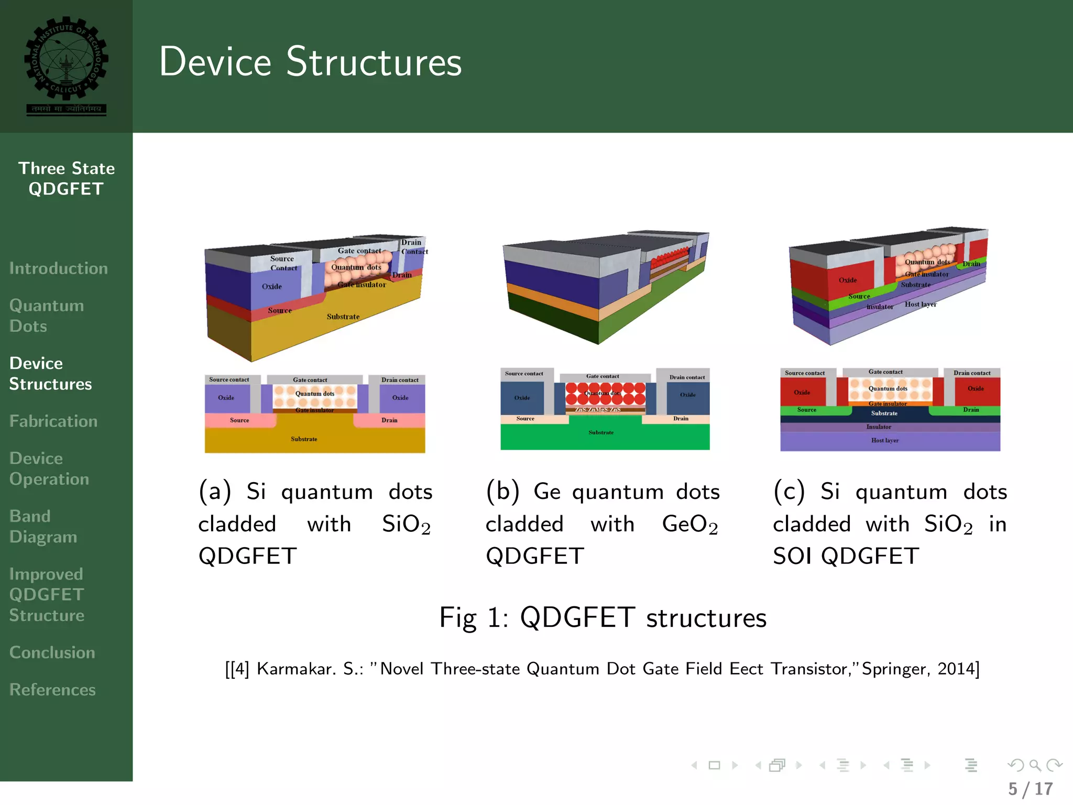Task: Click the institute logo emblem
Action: point(66,66)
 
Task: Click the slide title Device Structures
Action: point(310,62)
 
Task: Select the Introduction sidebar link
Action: point(58,268)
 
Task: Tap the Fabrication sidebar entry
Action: point(53,421)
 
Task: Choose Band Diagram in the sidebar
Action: point(43,526)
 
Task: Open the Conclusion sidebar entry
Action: point(52,652)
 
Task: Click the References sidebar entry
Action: point(52,690)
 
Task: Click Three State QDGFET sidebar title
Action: point(66,178)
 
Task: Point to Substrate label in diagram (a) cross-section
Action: point(304,439)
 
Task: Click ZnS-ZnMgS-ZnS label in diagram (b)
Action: point(598,409)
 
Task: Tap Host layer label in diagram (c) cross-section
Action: point(884,440)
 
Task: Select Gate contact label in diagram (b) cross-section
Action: point(603,376)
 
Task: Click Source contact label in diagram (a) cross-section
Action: point(229,379)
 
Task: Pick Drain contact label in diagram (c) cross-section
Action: point(972,373)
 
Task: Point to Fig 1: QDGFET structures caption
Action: point(603,617)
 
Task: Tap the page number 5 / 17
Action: point(1030,789)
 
